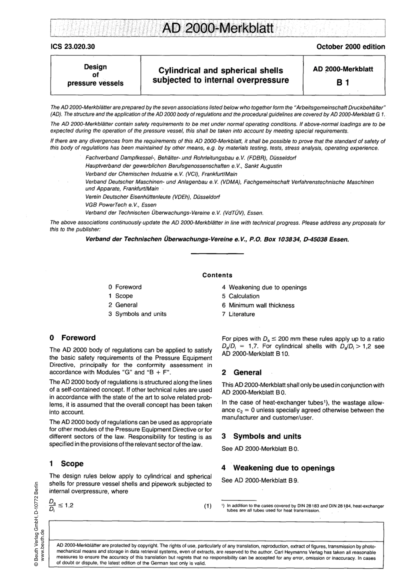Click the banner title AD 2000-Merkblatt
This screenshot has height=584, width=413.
point(217,29)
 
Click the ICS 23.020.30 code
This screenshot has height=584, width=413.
point(72,46)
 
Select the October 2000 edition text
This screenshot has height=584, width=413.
point(351,46)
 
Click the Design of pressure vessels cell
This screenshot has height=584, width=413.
point(95,75)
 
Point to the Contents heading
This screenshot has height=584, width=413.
point(217,275)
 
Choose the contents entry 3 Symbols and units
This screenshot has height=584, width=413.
point(137,314)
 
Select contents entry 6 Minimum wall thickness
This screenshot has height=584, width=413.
point(258,305)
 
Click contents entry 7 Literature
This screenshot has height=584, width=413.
point(238,314)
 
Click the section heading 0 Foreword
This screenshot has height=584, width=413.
point(73,338)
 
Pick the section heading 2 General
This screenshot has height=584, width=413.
point(242,372)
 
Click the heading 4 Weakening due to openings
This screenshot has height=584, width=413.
point(278,468)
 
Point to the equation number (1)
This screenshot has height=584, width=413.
point(207,505)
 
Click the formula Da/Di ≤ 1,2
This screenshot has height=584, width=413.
point(62,506)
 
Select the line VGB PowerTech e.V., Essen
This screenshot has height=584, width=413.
point(121,205)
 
